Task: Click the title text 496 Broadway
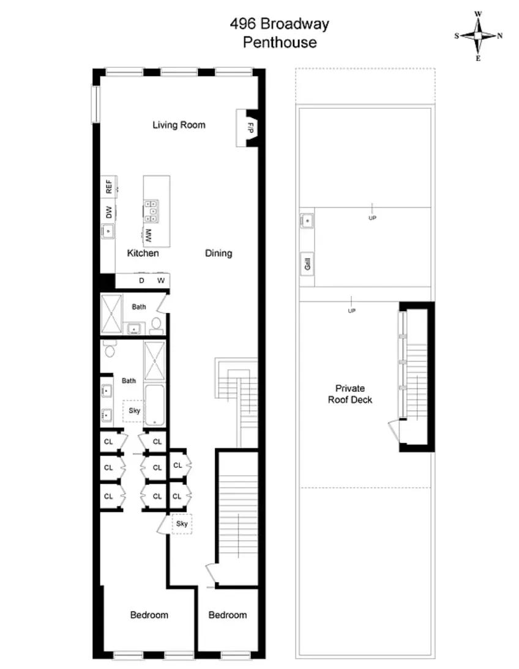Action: (279, 24)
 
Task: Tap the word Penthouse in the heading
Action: (280, 43)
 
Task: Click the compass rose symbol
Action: (478, 35)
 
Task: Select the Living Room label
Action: (179, 125)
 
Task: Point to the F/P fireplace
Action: (250, 128)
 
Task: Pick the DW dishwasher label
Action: (109, 213)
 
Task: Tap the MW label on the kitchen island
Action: (148, 234)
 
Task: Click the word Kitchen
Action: (143, 253)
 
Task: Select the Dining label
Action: (218, 253)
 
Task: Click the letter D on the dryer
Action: (141, 281)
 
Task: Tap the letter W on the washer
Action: (160, 281)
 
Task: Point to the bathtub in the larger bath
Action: (155, 405)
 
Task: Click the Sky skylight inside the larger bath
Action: (134, 410)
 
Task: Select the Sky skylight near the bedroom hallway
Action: (182, 524)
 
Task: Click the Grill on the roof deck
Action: (307, 264)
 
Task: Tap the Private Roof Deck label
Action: (349, 394)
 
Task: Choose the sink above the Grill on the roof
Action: (307, 220)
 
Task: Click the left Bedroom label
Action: (149, 615)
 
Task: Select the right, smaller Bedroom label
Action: (227, 615)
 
